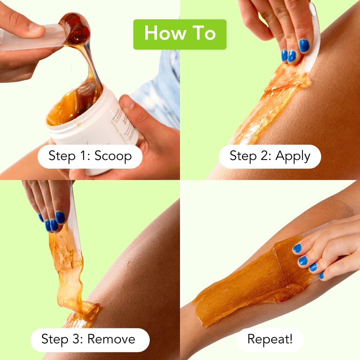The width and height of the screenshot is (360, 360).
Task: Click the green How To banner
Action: click(x=180, y=34)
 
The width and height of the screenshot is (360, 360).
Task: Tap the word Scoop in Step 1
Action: click(x=113, y=156)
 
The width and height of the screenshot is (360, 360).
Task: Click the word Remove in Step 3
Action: click(x=111, y=339)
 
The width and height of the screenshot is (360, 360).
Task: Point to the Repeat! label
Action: click(x=270, y=339)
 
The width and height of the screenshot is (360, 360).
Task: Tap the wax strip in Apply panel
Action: click(x=273, y=100)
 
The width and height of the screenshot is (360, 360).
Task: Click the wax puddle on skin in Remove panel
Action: click(x=83, y=315)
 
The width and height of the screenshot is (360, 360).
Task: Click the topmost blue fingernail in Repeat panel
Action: click(x=297, y=248)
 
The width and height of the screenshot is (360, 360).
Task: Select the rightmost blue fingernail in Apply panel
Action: click(x=304, y=46)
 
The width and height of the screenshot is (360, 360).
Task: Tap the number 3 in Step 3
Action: click(x=79, y=339)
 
